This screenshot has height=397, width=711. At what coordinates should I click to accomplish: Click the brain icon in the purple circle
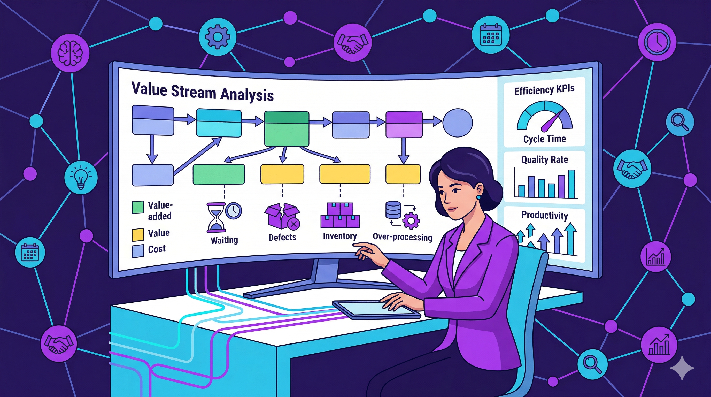pyautogui.click(x=70, y=52)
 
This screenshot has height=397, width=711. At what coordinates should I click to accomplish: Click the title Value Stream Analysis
pyautogui.click(x=202, y=92)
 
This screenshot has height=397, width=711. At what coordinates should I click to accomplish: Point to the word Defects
pyautogui.click(x=282, y=237)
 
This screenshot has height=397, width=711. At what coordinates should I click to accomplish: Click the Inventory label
pyautogui.click(x=340, y=236)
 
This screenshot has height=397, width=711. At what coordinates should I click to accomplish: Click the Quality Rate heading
pyautogui.click(x=544, y=159)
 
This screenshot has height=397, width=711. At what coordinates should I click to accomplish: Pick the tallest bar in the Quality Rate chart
pyautogui.click(x=571, y=184)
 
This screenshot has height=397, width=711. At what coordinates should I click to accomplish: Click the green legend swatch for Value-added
pyautogui.click(x=138, y=207)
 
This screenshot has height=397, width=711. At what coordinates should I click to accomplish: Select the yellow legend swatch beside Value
pyautogui.click(x=138, y=235)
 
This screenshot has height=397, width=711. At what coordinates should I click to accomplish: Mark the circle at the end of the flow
pyautogui.click(x=458, y=123)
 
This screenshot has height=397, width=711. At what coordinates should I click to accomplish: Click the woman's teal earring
pyautogui.click(x=478, y=197)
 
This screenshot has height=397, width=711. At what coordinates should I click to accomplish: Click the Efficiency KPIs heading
pyautogui.click(x=544, y=90)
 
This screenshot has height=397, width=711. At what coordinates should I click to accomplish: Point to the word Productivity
pyautogui.click(x=544, y=215)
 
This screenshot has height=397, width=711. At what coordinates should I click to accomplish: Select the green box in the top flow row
pyautogui.click(x=287, y=129)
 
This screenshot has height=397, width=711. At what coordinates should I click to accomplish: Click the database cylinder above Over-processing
pyautogui.click(x=393, y=210)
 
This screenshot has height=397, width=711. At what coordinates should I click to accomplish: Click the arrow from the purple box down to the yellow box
pyautogui.click(x=404, y=151)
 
